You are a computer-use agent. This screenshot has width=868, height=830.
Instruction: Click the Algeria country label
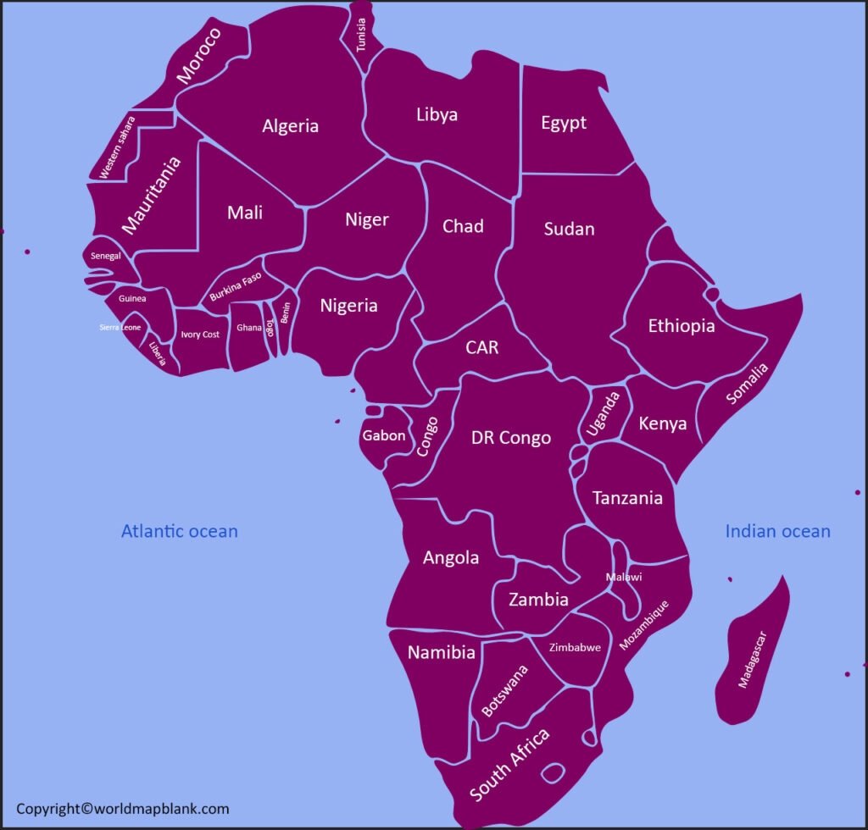290,126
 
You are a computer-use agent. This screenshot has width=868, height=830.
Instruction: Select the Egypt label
564,123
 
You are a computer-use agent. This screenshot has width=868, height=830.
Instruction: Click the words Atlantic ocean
179,531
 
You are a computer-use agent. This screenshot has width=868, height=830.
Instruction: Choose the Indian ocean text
777,531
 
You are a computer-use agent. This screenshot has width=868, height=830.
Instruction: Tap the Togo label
270,328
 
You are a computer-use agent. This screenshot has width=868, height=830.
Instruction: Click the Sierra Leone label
120,327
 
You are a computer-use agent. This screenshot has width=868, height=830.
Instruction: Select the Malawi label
624,577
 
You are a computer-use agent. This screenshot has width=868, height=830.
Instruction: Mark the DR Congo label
510,438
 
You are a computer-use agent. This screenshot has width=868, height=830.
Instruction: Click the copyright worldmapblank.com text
123,809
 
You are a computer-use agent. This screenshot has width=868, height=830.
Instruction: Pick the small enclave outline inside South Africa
554,772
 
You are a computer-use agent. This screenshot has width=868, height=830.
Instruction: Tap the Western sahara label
117,147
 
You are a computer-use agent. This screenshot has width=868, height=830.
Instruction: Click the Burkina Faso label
236,287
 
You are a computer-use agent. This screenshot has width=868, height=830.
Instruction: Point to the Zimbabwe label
575,647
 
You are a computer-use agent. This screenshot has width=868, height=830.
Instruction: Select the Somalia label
748,383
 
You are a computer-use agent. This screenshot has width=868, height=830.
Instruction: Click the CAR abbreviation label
481,347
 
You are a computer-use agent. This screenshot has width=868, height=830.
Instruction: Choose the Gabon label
383,436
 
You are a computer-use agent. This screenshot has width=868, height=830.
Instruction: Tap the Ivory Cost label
200,335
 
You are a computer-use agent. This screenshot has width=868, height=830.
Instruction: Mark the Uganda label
604,413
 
